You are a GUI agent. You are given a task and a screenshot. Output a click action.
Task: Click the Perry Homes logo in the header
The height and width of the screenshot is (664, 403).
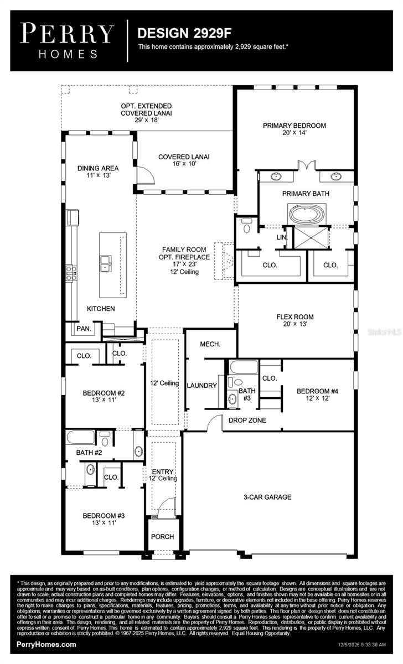click(67, 40)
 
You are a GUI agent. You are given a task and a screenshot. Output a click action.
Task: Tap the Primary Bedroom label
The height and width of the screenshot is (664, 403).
click(294, 129)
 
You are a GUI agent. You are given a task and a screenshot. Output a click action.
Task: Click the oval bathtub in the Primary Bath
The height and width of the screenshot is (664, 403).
click(306, 214)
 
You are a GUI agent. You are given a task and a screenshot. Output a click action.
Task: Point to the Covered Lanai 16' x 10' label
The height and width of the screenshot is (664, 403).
click(184, 160)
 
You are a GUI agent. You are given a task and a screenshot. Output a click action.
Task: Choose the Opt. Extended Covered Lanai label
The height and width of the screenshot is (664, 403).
click(146, 113)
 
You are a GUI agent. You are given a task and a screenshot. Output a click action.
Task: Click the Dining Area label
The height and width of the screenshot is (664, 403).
click(98, 172)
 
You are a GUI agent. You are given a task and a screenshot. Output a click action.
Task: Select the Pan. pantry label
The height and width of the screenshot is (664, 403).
click(84, 328)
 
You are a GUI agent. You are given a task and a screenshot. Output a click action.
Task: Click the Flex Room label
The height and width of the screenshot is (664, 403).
click(295, 320)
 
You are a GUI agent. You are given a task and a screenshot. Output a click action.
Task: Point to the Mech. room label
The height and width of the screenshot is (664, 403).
click(210, 344)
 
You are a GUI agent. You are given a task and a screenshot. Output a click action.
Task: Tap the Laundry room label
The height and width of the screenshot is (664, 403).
click(201, 385)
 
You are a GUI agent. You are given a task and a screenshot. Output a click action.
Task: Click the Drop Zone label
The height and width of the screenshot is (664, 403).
click(247, 421)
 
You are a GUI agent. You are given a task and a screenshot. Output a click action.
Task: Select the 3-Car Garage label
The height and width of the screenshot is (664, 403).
click(267, 497)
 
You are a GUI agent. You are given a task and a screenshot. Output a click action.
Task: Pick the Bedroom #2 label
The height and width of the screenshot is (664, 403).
click(104, 397)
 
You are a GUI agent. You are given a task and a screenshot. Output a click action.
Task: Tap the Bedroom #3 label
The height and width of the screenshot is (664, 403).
click(104, 519)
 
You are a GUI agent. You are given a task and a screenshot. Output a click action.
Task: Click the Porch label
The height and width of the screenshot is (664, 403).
click(163, 536)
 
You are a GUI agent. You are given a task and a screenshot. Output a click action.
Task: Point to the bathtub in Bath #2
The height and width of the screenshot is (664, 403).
click(80, 437)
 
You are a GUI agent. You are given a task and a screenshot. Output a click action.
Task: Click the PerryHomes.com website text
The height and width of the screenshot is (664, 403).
click(46, 645)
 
